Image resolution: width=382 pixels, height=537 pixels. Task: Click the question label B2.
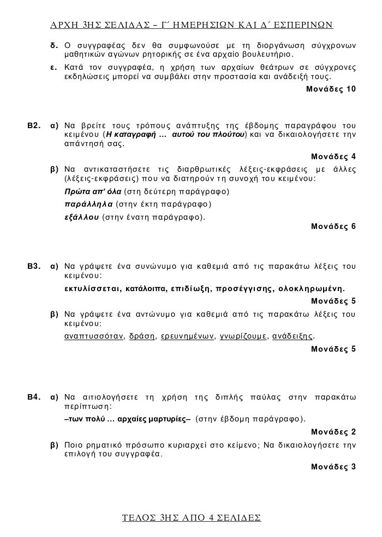[x=34, y=126]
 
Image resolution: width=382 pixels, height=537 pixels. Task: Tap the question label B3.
[x=34, y=267]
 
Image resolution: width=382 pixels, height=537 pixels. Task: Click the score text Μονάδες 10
[x=331, y=88]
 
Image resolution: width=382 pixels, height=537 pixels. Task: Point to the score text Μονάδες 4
[x=333, y=156]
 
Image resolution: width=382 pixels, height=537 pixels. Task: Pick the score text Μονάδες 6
[x=333, y=226]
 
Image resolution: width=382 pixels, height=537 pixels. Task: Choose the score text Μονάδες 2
[x=333, y=432]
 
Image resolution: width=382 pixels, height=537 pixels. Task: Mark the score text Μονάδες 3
[x=333, y=467]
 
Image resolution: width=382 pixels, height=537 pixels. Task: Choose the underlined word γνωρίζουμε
[x=243, y=336]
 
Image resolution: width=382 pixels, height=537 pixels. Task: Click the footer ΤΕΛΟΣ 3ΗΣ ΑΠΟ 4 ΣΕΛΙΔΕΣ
[x=192, y=518]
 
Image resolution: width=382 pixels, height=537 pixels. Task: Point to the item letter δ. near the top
[x=53, y=44]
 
